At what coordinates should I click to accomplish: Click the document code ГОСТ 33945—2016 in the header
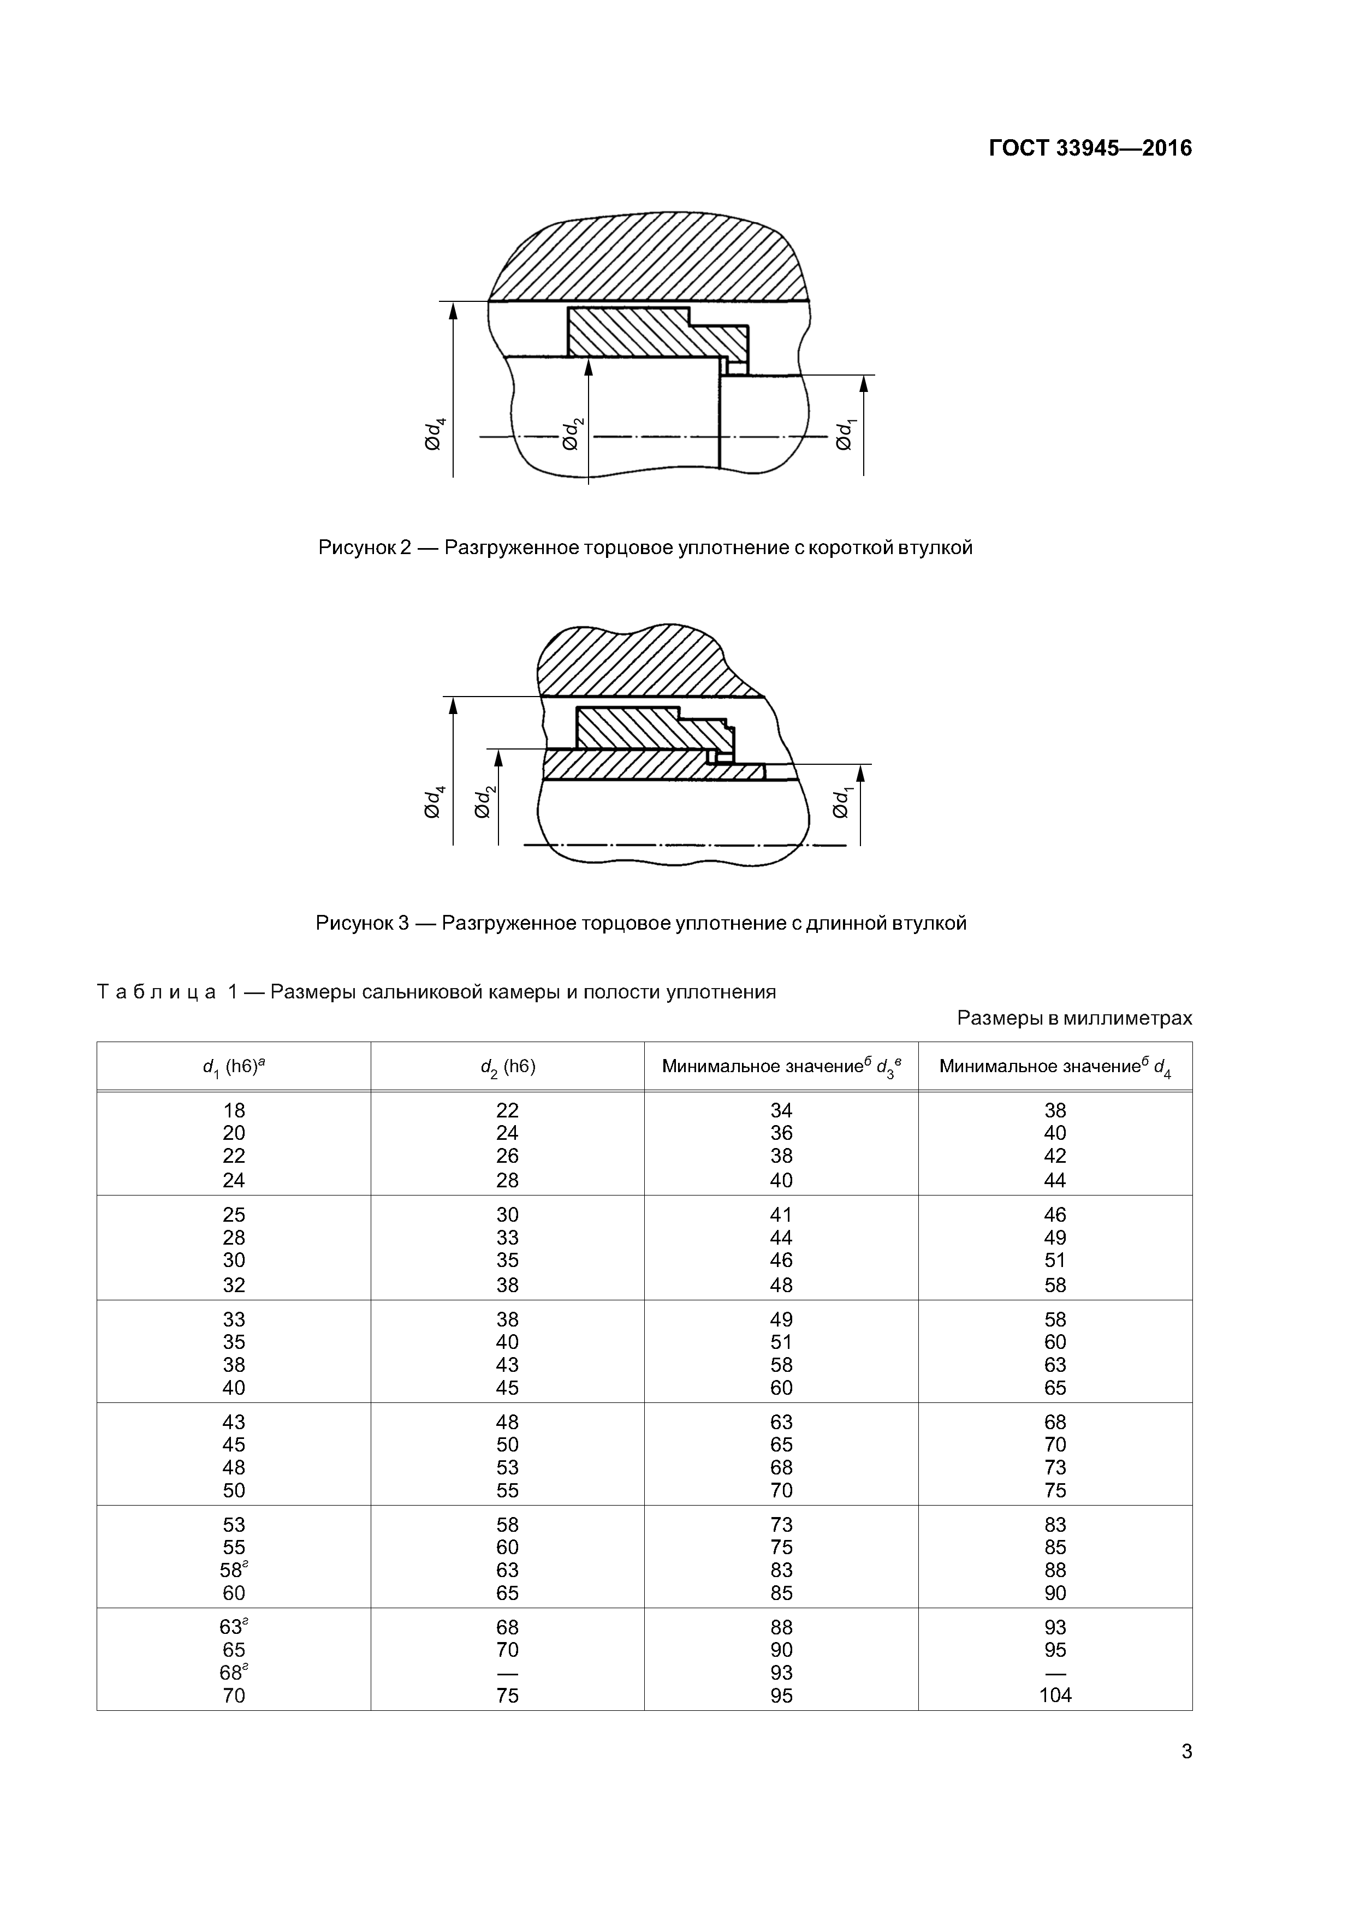click(x=1090, y=148)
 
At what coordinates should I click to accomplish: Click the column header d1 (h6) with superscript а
click(x=234, y=1067)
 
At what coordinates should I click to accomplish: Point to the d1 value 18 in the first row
click(x=234, y=1110)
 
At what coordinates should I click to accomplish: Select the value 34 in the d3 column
click(x=781, y=1110)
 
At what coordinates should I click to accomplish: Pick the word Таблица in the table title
click(x=157, y=992)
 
